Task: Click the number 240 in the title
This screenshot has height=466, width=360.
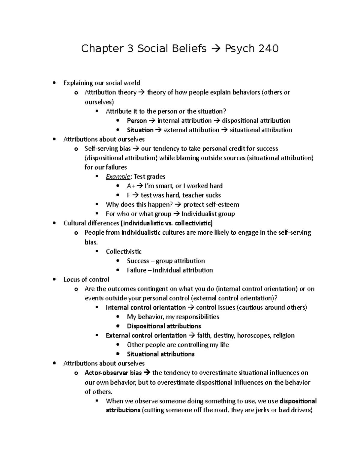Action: tap(268, 48)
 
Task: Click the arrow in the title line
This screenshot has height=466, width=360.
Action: tap(216, 48)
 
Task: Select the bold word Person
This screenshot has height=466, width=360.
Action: tap(137, 121)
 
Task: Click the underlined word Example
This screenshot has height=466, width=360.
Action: tap(118, 176)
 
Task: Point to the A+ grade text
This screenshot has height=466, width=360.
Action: tap(131, 186)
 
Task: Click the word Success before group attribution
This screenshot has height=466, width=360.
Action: tap(138, 261)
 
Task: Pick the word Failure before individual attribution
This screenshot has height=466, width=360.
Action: tap(136, 270)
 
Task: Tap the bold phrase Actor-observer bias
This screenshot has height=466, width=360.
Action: tap(113, 373)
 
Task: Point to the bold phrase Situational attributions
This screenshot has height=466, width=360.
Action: tap(160, 354)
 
